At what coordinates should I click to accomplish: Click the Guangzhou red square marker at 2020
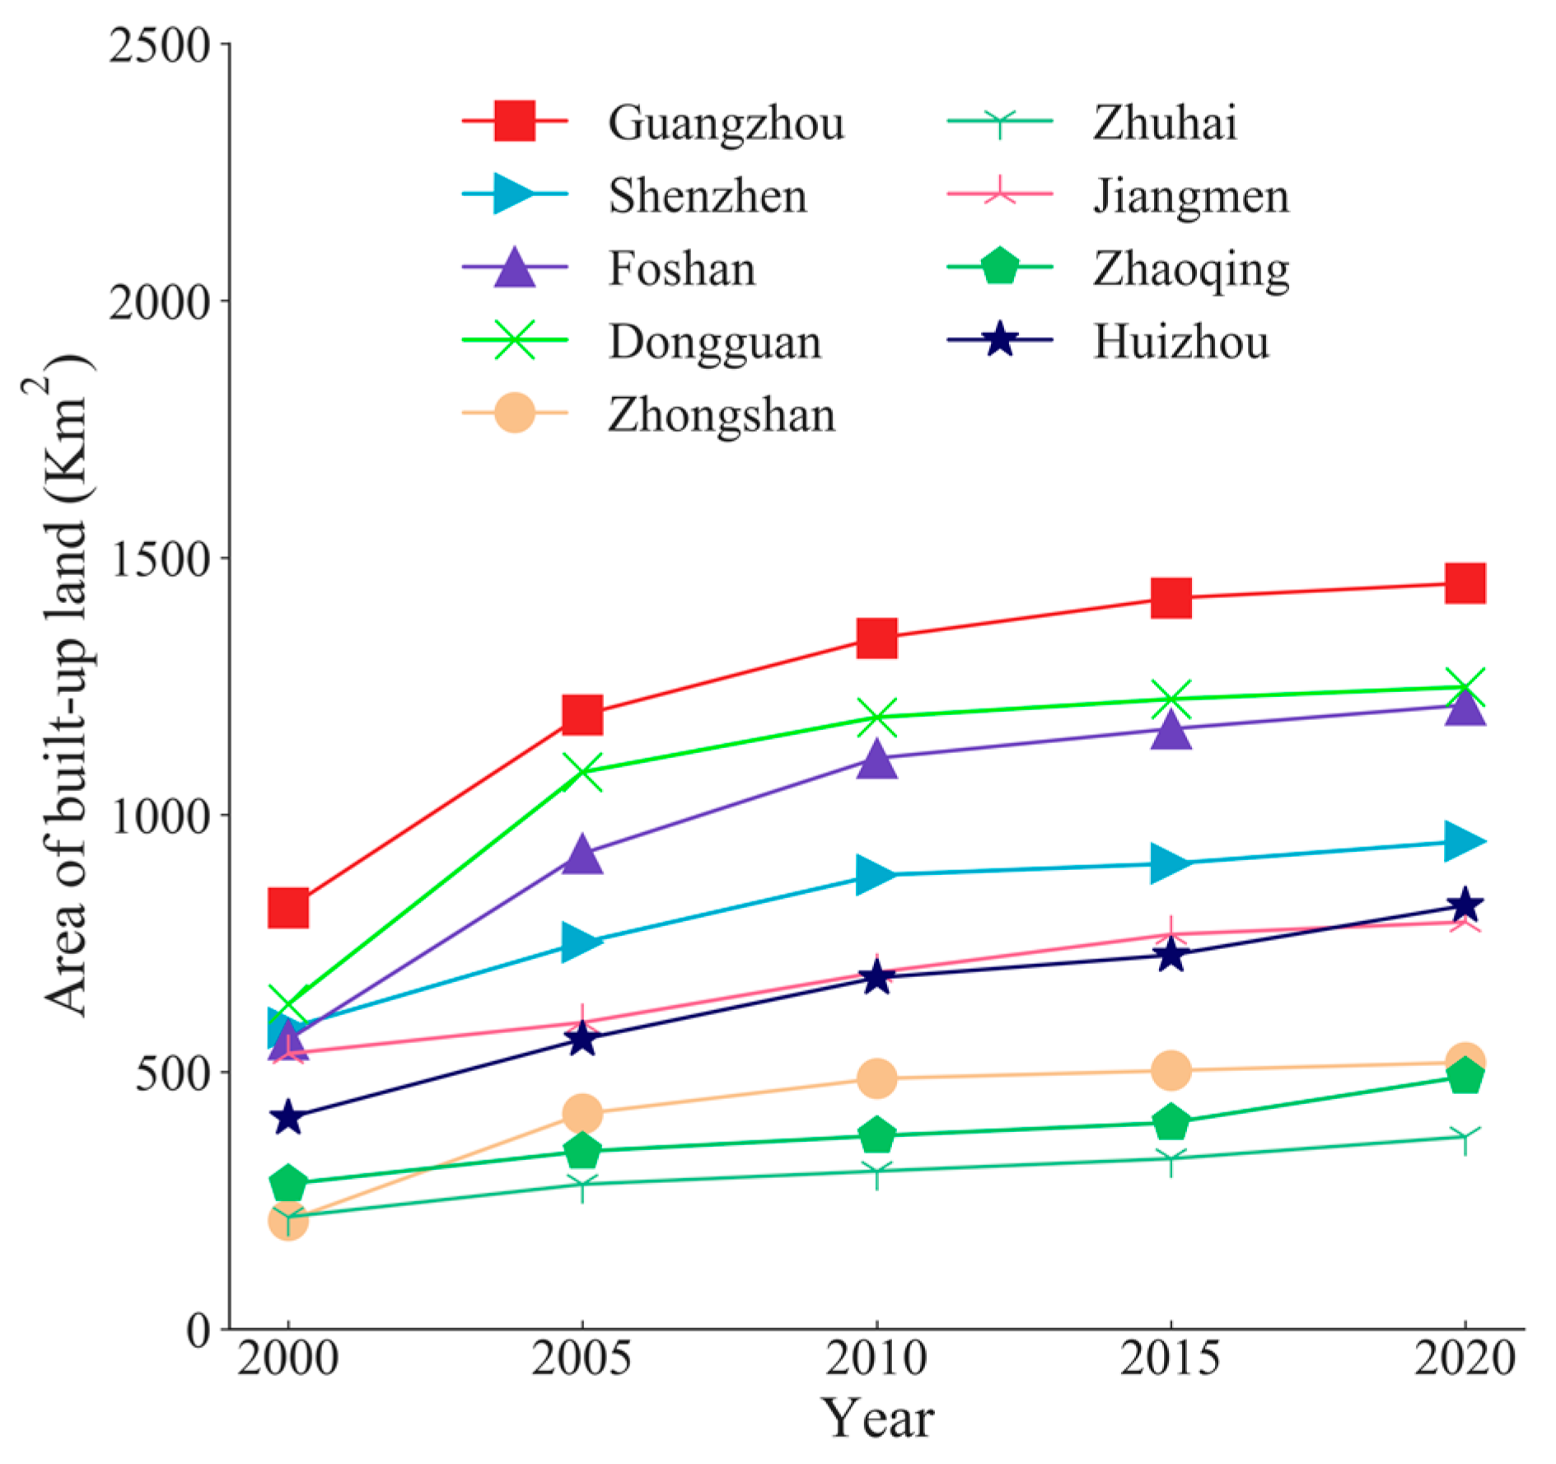tap(1464, 583)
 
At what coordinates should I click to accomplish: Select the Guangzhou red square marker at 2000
tap(288, 908)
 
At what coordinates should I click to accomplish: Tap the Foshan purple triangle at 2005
tap(582, 854)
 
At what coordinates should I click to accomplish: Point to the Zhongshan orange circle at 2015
tap(1171, 1070)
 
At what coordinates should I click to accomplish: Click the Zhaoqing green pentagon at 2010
tap(876, 1135)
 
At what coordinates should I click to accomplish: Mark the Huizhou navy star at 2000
tap(287, 1118)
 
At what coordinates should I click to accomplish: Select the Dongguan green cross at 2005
tap(582, 772)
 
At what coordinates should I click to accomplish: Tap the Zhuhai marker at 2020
tap(1464, 1138)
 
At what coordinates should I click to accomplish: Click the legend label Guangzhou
tap(726, 123)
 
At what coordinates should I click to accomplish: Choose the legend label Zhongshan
tap(722, 414)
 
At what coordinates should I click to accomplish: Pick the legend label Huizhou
tap(1180, 341)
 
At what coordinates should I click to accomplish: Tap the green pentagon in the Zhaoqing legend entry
tap(999, 267)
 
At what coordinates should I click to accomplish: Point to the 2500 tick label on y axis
tap(160, 45)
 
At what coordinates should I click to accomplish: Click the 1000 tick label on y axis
tap(160, 816)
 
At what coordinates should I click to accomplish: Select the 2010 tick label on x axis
tap(876, 1358)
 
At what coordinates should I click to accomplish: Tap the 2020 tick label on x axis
tap(1464, 1358)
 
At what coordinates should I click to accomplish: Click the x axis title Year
tap(876, 1418)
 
